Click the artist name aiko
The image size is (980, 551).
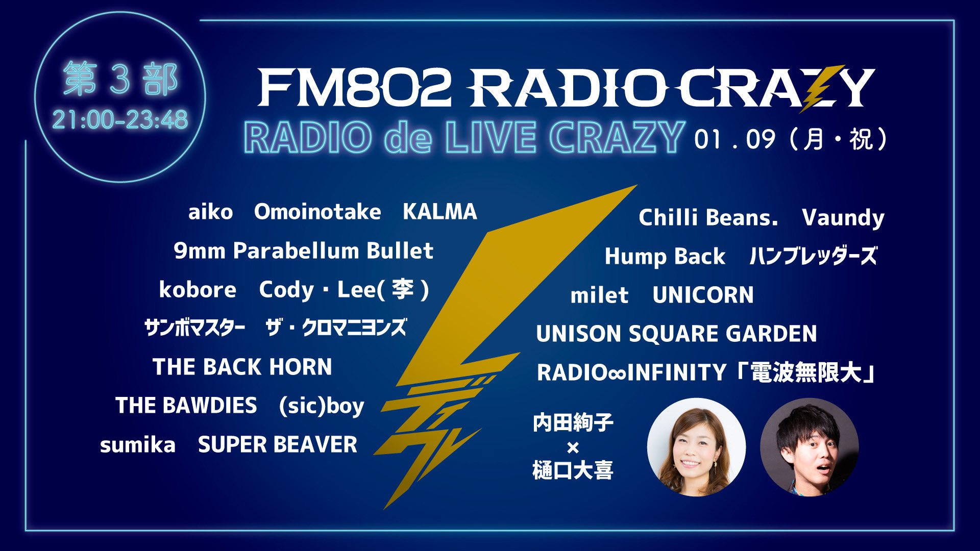(x=210, y=212)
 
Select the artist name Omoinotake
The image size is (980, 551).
(x=317, y=212)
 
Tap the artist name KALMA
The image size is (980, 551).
(x=439, y=212)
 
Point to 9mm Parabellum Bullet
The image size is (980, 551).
(x=303, y=251)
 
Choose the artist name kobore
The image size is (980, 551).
(x=198, y=290)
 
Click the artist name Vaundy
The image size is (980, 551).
(x=843, y=218)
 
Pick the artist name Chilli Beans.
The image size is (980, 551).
(x=708, y=218)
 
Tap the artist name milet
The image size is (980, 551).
(x=599, y=295)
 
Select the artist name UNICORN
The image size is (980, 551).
(x=703, y=295)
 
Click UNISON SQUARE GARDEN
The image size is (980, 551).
(x=676, y=334)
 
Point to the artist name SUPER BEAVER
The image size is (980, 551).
(x=278, y=445)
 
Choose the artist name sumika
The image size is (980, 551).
(x=138, y=445)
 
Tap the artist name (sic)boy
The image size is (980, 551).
(x=322, y=406)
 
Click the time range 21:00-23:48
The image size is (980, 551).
(x=120, y=120)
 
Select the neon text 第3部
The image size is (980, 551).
(x=120, y=80)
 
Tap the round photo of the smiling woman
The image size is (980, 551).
(x=696, y=447)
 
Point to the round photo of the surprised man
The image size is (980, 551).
(x=810, y=447)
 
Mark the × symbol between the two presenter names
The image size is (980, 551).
(x=573, y=448)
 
